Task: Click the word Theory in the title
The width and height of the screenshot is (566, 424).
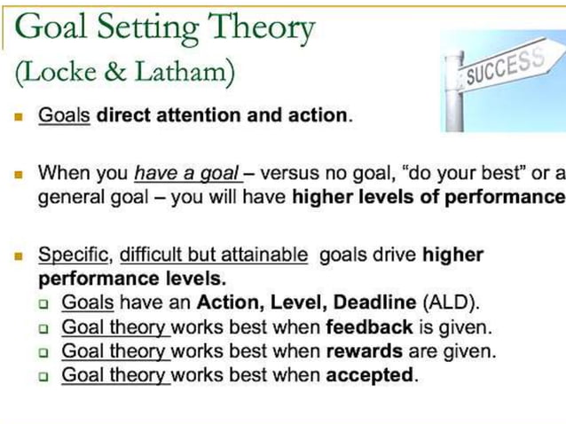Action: coord(261,28)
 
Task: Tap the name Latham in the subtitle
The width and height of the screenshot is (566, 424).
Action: coord(187,73)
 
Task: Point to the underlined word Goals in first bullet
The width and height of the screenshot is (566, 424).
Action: coord(64,116)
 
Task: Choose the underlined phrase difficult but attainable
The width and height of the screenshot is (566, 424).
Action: coord(214,255)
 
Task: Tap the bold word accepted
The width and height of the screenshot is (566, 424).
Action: coord(370,375)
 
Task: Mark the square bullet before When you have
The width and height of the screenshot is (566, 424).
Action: coord(18,174)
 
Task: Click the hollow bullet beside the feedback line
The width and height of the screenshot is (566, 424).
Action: coord(43,328)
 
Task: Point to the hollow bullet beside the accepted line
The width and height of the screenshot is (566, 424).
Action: coord(43,376)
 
